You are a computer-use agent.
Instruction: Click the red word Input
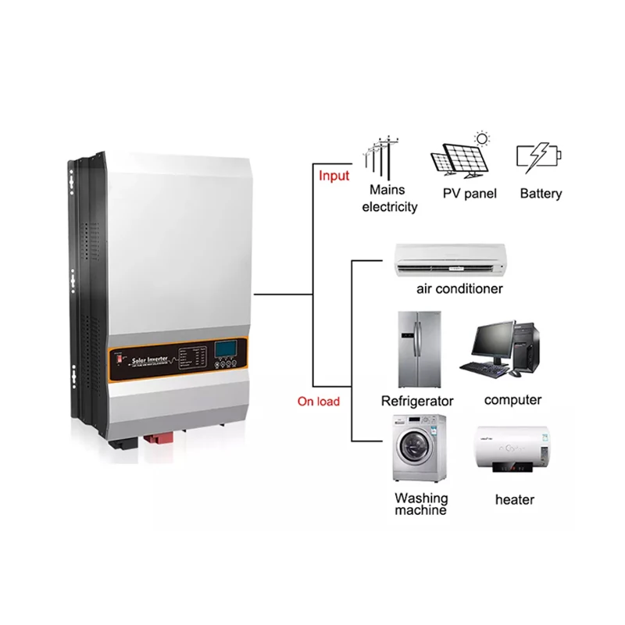[x=334, y=176]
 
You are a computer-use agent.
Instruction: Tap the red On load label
[x=318, y=402]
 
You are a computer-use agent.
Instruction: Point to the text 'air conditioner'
[x=459, y=289]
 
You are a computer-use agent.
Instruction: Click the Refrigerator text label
[x=417, y=401]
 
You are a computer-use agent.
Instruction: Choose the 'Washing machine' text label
[x=421, y=504]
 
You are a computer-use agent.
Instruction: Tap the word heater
[x=515, y=499]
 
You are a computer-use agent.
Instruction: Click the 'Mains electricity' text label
[x=390, y=200]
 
